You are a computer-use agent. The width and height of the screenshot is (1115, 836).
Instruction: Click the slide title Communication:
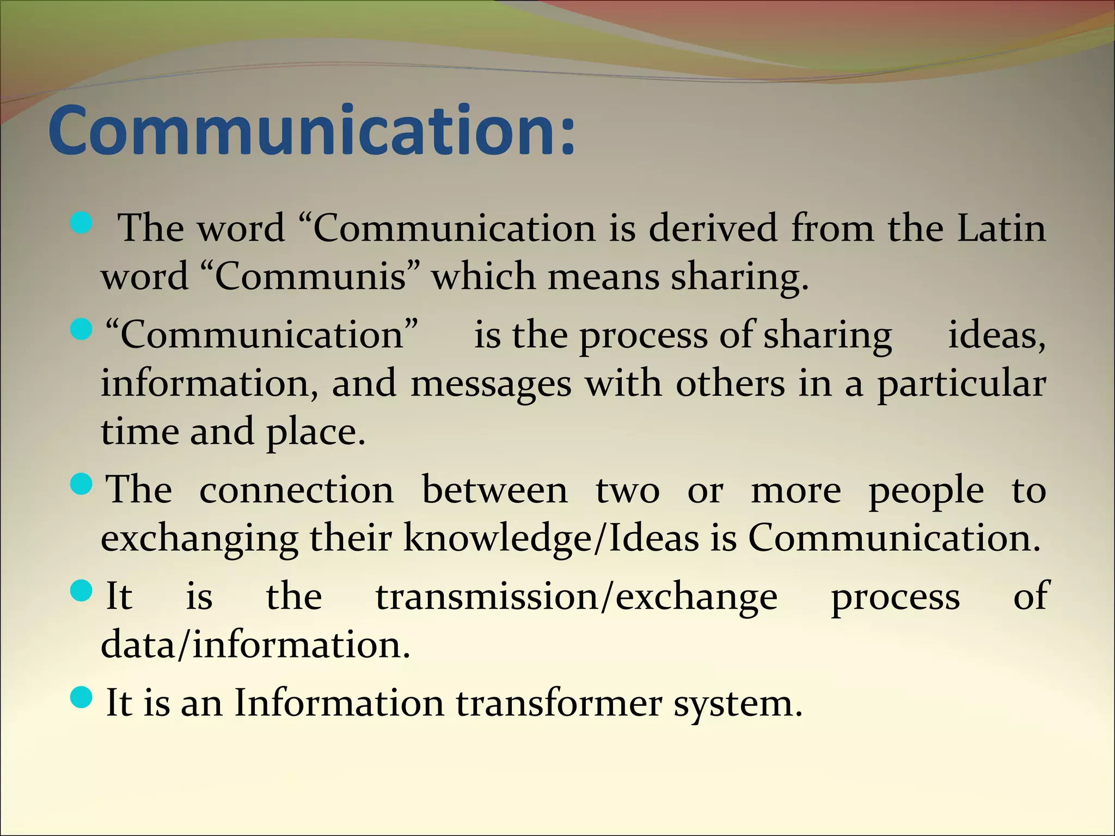pyautogui.click(x=311, y=131)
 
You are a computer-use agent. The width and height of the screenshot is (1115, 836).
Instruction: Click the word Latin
pyautogui.click(x=1001, y=228)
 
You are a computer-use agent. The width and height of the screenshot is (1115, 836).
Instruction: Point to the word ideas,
pyautogui.click(x=996, y=335)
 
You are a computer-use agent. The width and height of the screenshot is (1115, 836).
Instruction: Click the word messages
pyautogui.click(x=491, y=384)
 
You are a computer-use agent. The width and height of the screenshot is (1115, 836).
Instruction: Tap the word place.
pyautogui.click(x=315, y=433)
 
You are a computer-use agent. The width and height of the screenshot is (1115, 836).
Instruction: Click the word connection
pyautogui.click(x=296, y=490)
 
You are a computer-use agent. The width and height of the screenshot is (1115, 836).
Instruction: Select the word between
pyautogui.click(x=494, y=490)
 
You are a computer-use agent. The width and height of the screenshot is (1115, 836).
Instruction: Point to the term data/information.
pyautogui.click(x=255, y=645)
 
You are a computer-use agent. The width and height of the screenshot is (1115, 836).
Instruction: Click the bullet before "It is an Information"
pyautogui.click(x=82, y=697)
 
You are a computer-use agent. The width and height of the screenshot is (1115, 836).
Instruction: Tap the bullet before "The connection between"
pyautogui.click(x=82, y=484)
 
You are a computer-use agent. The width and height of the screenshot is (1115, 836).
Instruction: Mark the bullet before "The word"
pyautogui.click(x=82, y=223)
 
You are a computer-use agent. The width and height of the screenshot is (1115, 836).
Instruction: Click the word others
pyautogui.click(x=730, y=384)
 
